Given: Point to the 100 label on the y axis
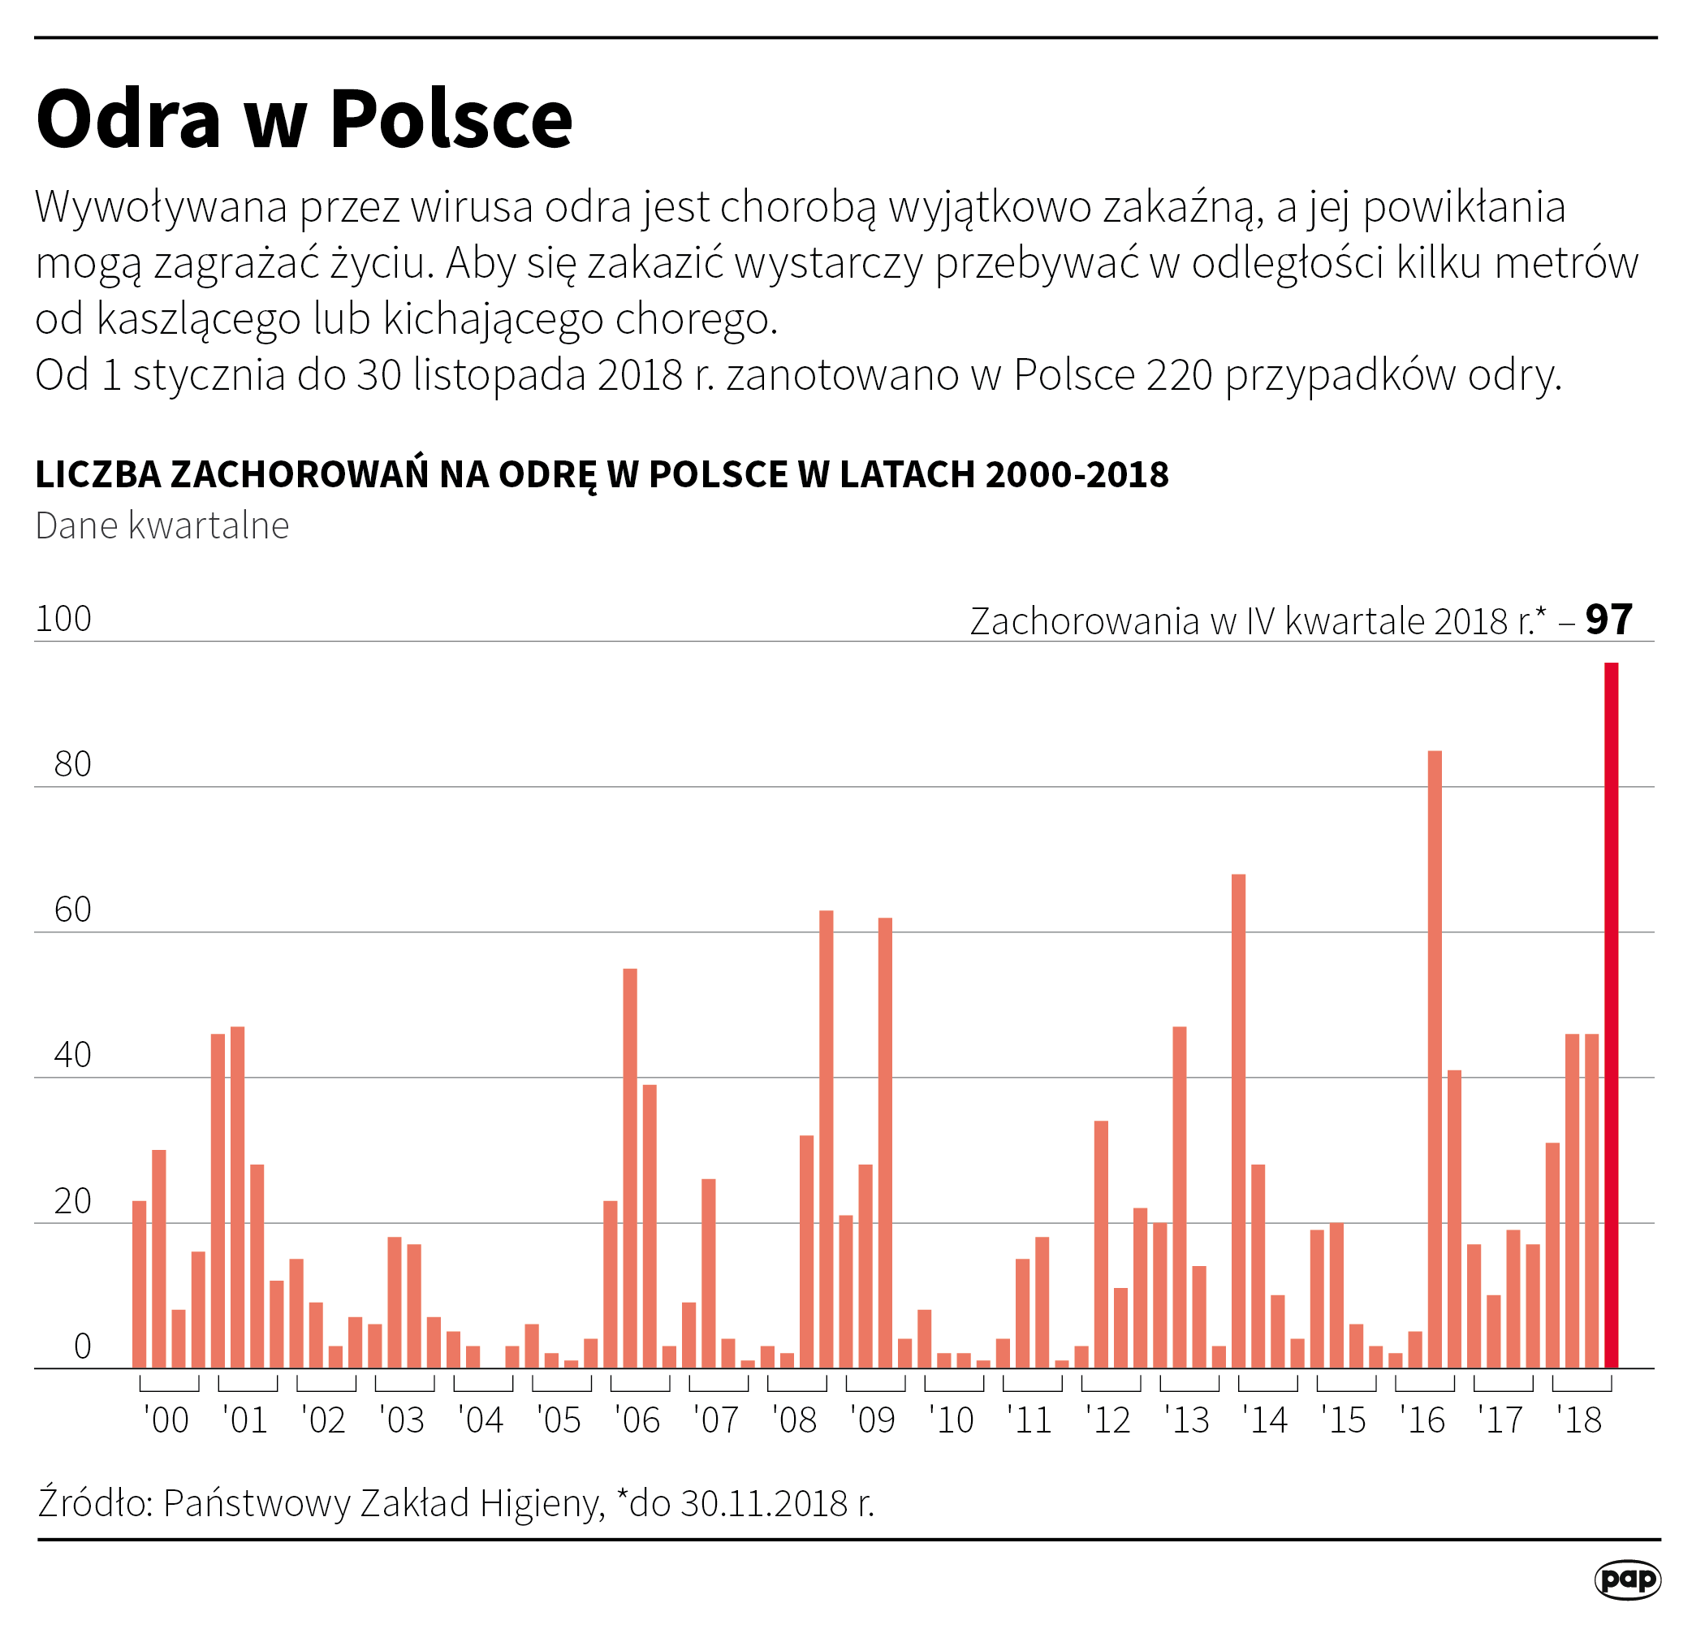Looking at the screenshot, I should pyautogui.click(x=63, y=619).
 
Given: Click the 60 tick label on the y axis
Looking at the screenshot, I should pyautogui.click(x=72, y=910).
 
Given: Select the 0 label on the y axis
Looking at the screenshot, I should pyautogui.click(x=82, y=1346).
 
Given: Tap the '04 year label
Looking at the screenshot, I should pyautogui.click(x=481, y=1420).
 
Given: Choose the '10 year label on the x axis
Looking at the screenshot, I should pyautogui.click(x=952, y=1420).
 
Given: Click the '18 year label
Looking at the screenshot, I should pyautogui.click(x=1579, y=1420).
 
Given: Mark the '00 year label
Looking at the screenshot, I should pyautogui.click(x=166, y=1420).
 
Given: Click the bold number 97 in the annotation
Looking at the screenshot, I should pyautogui.click(x=1609, y=619).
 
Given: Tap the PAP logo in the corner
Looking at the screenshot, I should pyautogui.click(x=1627, y=1580).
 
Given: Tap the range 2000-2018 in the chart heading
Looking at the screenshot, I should pyautogui.click(x=1077, y=474).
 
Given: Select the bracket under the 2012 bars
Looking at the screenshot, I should pyautogui.click(x=1110, y=1385).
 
